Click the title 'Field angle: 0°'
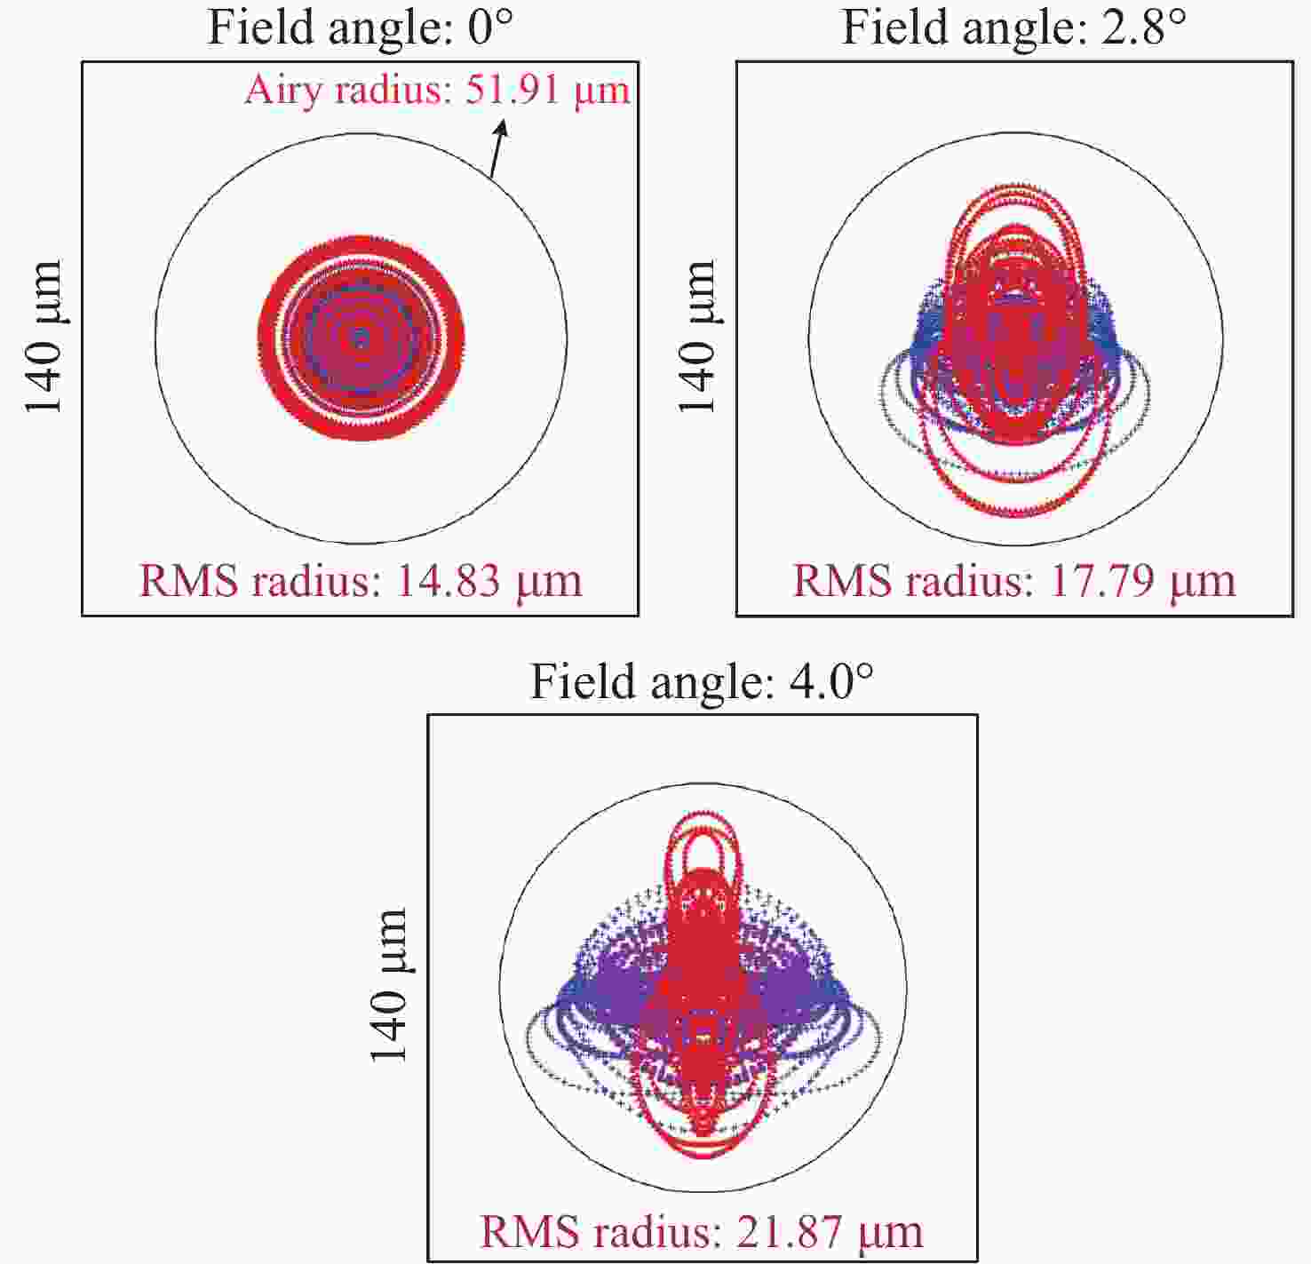coord(360,28)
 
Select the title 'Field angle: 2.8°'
coord(1013,28)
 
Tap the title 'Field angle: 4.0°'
coord(702,682)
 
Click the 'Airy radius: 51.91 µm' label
coord(437,90)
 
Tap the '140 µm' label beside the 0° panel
coord(44,338)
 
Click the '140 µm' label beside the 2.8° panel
coord(698,338)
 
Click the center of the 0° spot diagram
coord(361,338)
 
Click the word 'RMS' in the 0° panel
coord(189,581)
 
